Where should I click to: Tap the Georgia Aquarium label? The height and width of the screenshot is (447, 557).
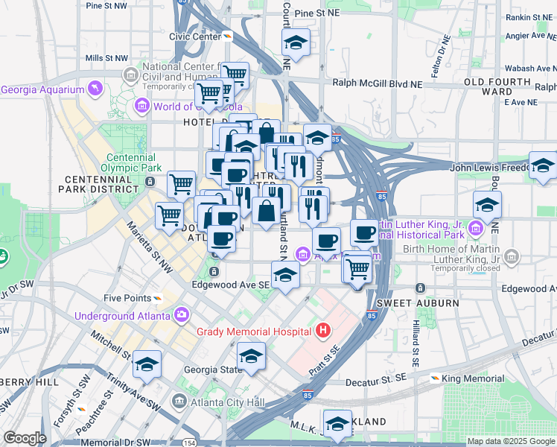pos(42,90)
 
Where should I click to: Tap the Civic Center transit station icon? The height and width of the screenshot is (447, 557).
pos(228,36)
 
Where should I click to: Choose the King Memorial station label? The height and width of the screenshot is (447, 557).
pos(473,378)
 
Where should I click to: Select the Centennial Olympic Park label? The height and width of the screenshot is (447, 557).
pos(134,163)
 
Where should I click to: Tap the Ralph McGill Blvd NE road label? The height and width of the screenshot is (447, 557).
pos(376,83)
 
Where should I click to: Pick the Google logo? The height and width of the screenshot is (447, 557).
pos(25,438)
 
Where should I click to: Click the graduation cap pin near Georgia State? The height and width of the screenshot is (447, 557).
pos(252,358)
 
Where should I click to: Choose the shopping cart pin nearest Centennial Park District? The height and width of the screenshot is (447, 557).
pos(181,184)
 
